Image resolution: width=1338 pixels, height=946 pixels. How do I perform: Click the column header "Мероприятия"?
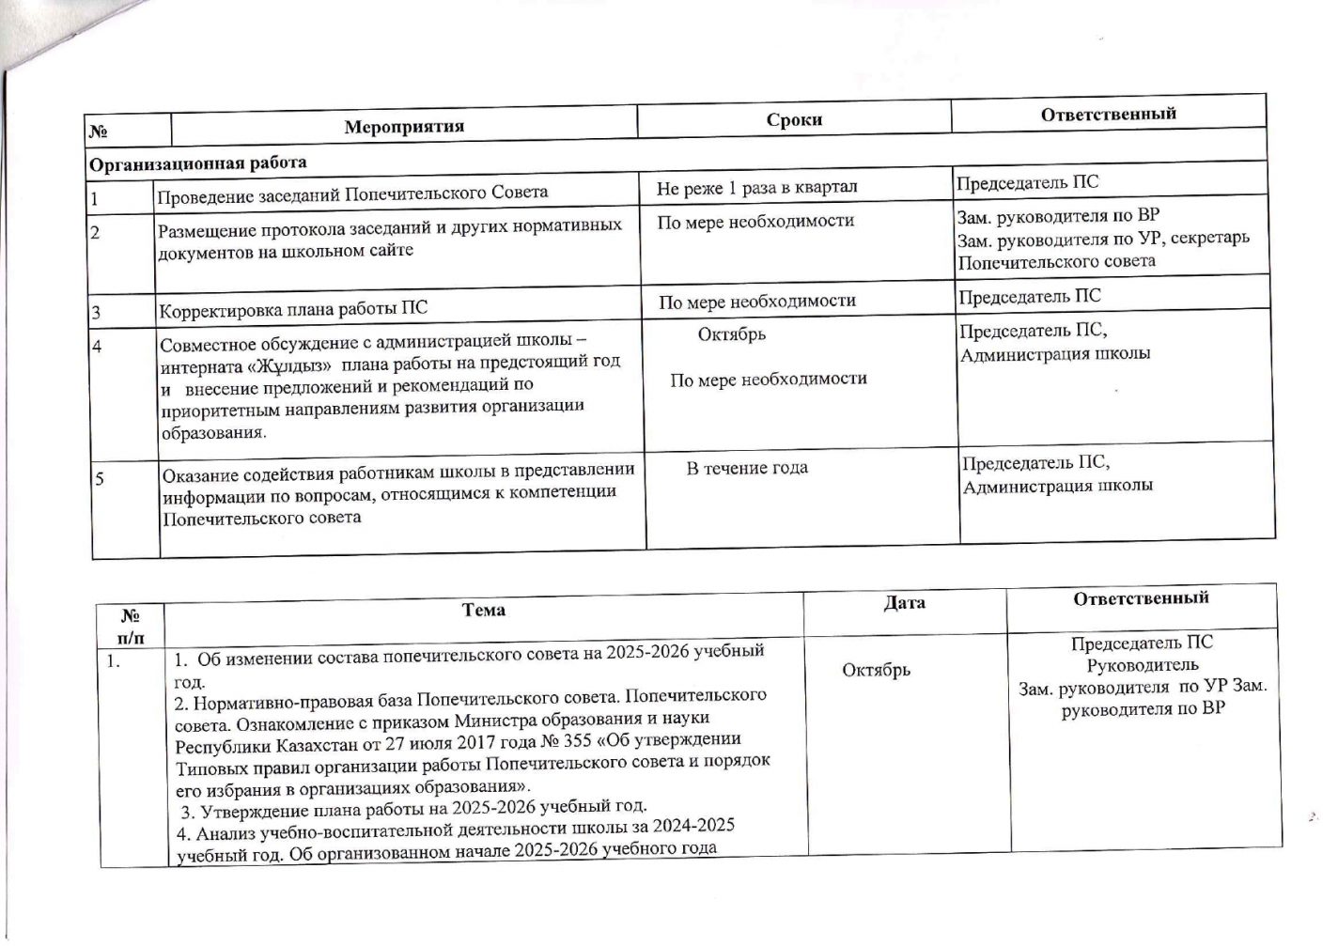[403, 126]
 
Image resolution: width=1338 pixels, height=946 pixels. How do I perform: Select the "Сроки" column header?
[793, 119]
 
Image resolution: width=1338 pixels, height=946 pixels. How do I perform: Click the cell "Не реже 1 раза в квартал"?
[756, 188]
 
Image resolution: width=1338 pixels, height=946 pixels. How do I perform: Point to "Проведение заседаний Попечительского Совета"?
[351, 194]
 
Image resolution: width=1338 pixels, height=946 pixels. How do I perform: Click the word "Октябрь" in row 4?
[731, 334]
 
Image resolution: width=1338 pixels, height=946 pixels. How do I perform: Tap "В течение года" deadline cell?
[746, 468]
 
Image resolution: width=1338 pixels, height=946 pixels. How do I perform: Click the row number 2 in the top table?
[95, 231]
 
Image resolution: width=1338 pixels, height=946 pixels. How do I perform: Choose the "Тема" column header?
[483, 610]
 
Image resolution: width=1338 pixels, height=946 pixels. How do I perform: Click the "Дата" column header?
[904, 603]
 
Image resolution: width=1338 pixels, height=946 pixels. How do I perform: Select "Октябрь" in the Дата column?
[876, 670]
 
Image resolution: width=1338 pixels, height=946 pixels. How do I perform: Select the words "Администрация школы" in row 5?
[1057, 487]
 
